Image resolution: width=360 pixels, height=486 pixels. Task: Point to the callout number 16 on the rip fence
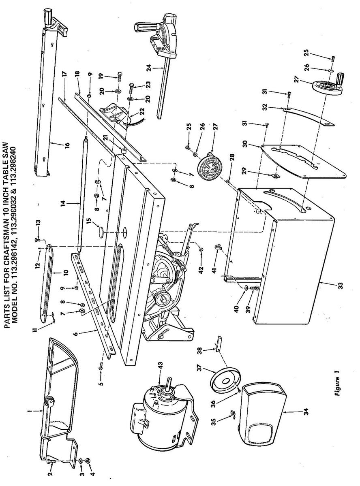[x=67, y=145]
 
